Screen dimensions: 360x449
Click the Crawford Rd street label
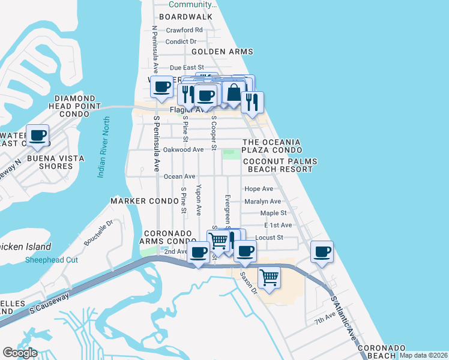point(184,30)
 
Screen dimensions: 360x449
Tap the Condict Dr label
point(181,41)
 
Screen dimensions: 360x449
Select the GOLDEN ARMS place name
point(222,52)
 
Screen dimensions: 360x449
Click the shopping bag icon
point(233,93)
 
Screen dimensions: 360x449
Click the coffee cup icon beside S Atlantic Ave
point(322,251)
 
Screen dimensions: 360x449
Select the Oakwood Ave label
point(183,149)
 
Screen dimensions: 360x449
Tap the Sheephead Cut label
point(52,260)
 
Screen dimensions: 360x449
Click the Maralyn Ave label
point(262,202)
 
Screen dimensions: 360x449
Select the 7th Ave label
point(325,316)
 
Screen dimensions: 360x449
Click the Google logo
point(20,353)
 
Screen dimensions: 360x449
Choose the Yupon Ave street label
point(199,200)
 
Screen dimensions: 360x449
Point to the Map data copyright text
point(423,355)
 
